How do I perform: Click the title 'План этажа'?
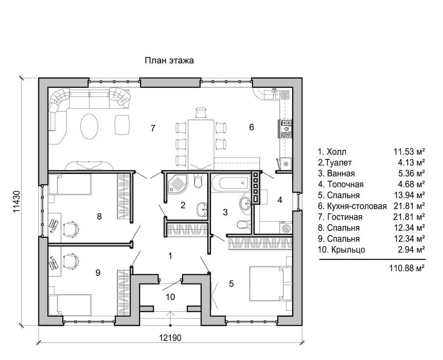[169, 60]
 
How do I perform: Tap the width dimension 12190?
[170, 338]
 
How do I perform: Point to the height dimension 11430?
[17, 201]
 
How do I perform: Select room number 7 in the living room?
[153, 129]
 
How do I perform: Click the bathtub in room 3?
[231, 183]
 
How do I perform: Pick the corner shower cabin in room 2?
[177, 184]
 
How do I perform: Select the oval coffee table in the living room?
[90, 127]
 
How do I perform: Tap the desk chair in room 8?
[71, 229]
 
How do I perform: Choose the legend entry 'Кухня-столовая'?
[356, 206]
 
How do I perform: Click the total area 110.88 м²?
[407, 267]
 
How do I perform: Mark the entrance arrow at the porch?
[170, 318]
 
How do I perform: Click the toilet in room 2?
[198, 181]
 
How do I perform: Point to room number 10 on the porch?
[170, 297]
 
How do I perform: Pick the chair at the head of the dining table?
[201, 112]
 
